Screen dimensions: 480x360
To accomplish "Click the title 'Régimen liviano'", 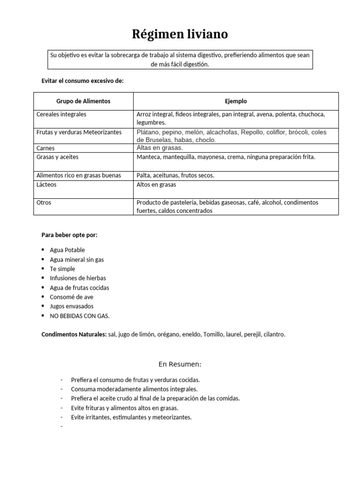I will tap(180, 34).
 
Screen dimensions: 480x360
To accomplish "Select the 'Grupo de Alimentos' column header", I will tap(83, 101).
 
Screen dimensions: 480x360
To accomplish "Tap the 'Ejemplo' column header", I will tap(236, 101).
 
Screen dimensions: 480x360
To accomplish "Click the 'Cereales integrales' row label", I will tap(61, 114).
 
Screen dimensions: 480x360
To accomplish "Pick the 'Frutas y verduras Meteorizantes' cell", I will tap(79, 133).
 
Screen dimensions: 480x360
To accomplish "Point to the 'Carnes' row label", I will tap(45, 148).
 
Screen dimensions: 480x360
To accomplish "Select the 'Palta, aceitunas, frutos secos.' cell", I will tap(175, 175).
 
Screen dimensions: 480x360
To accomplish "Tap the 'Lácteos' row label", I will tap(47, 185).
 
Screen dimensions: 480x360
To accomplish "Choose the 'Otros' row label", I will tap(44, 202).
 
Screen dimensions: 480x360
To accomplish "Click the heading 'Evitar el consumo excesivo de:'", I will tap(82, 81).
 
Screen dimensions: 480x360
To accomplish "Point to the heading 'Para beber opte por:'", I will tap(69, 235).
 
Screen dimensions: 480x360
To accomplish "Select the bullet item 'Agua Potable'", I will tap(67, 250).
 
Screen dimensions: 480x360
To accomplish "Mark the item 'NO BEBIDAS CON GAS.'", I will tap(80, 316).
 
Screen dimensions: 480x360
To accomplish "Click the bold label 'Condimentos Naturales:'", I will tap(74, 335).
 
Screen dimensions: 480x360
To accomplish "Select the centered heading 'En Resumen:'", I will tap(180, 364).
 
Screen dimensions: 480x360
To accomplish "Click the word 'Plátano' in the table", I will tap(147, 132).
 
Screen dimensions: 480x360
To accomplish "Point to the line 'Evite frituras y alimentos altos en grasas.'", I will tap(124, 408).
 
